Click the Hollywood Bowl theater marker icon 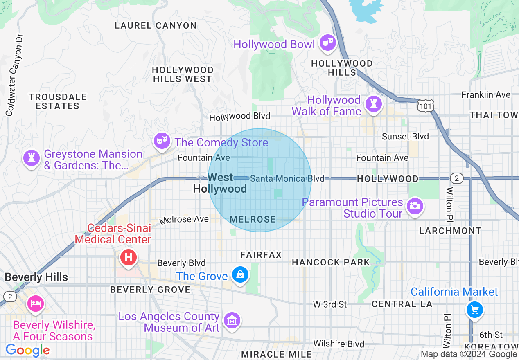tap(327, 43)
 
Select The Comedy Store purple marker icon tap(162, 141)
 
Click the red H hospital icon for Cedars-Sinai tap(128, 257)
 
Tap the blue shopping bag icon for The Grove tap(240, 275)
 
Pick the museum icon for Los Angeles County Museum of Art tap(232, 320)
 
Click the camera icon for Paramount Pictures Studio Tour tap(415, 206)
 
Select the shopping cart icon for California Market tap(475, 310)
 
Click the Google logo tap(27, 350)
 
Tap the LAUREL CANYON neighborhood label tap(156, 25)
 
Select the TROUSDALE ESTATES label tap(57, 101)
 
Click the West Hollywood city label tap(220, 183)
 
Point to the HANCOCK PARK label tap(331, 262)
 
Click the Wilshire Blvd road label tap(338, 344)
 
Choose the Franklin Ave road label tap(486, 94)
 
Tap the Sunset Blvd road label tap(405, 136)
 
